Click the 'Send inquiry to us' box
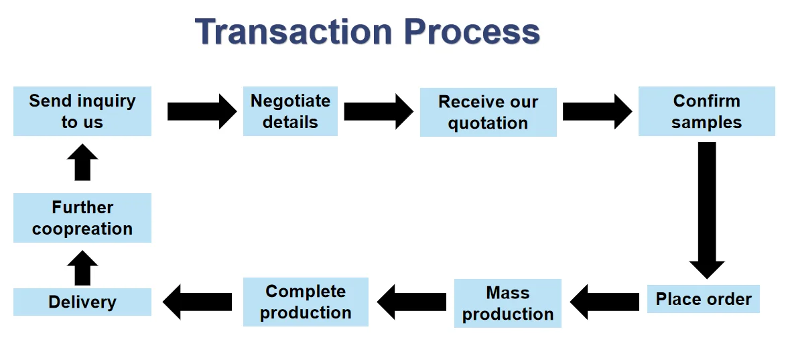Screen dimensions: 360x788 (82, 111)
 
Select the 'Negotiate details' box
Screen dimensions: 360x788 (290, 111)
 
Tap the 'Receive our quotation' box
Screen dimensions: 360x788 (488, 112)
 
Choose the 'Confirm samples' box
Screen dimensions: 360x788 (706, 111)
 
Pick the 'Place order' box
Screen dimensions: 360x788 (704, 299)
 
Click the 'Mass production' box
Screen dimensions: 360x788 (507, 303)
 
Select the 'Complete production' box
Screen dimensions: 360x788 (306, 302)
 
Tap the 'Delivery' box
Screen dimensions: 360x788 (82, 302)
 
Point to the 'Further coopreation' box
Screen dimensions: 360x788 (82, 218)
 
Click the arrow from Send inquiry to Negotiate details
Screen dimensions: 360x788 (201, 111)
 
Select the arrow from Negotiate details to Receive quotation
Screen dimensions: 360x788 (378, 111)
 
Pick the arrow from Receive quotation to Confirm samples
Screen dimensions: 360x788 (596, 111)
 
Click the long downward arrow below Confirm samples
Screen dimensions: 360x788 (707, 208)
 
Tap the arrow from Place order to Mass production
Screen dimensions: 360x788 (604, 302)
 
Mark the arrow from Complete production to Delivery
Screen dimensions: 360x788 (197, 302)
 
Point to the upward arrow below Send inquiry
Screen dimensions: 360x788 (82, 162)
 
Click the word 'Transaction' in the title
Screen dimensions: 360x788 (293, 32)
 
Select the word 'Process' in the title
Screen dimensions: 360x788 (472, 32)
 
